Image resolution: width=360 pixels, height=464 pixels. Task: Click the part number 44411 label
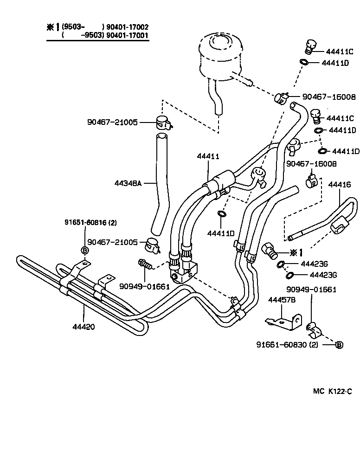coord(207,157)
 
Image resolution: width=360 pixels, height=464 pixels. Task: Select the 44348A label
coord(128,183)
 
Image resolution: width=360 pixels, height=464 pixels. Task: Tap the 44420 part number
coord(84,326)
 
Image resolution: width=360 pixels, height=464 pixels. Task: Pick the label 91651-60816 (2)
coord(90,223)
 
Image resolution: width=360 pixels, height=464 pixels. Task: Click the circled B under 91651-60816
coord(85,251)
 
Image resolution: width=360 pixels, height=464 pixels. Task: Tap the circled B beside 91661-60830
coord(339,345)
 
